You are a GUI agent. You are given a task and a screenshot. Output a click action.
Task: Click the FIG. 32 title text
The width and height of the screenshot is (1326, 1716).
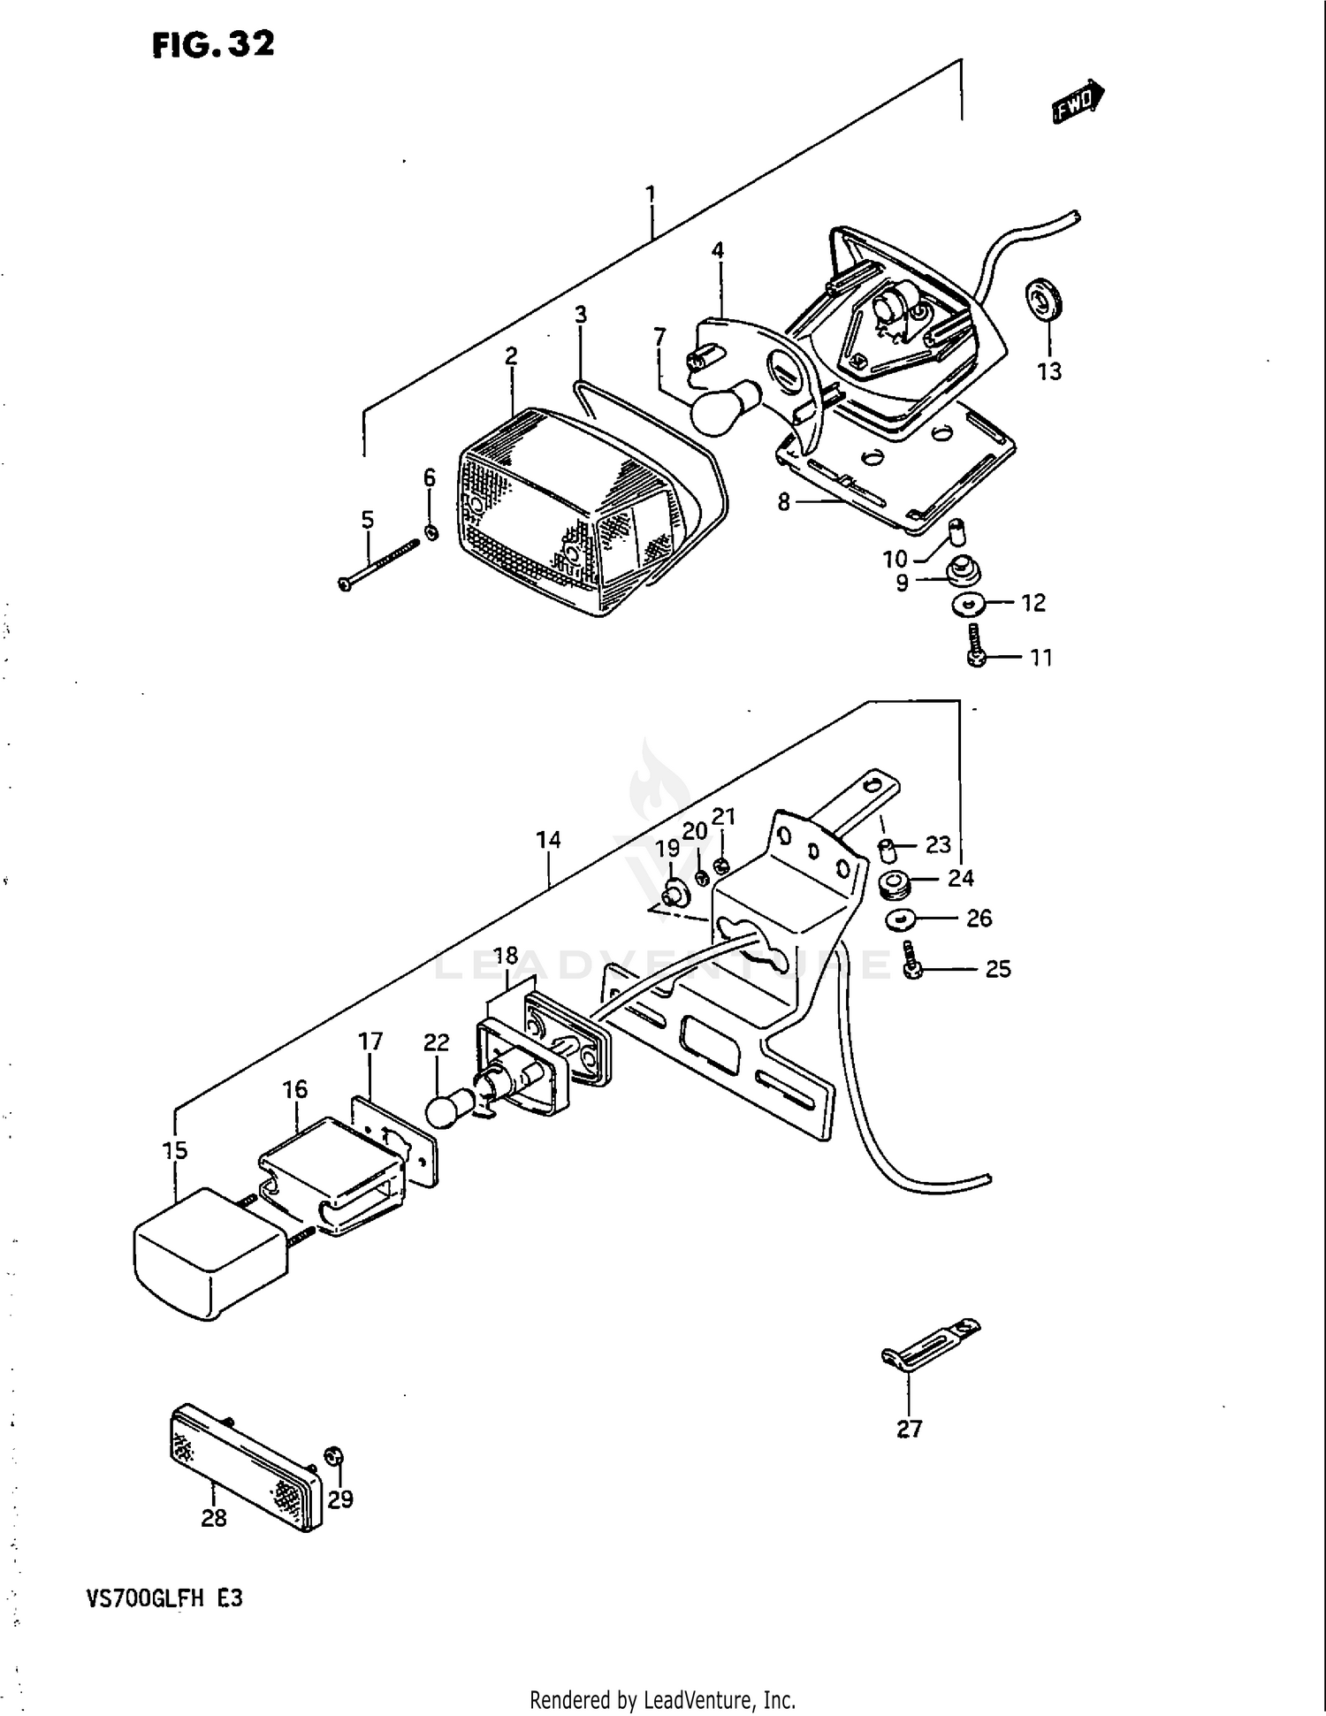(213, 44)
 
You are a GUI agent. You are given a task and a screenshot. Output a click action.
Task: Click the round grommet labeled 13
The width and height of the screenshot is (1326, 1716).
(1046, 301)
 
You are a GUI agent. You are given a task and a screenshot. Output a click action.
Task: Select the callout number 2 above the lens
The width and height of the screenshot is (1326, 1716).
(511, 356)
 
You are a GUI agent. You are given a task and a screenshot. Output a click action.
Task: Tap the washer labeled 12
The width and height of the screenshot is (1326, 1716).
(970, 605)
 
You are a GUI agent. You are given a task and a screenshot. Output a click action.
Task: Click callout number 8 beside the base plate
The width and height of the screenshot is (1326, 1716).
(783, 502)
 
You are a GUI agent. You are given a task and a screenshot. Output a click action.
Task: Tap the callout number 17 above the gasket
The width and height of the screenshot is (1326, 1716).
(370, 1041)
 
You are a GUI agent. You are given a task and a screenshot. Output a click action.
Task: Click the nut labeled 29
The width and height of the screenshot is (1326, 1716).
(335, 1456)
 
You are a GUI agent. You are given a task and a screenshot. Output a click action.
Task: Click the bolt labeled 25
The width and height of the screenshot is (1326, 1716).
(912, 962)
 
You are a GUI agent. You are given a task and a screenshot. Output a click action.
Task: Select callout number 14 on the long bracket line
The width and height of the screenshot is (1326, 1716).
(548, 839)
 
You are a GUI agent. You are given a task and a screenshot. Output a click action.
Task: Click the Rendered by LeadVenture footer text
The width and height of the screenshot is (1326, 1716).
(662, 1699)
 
